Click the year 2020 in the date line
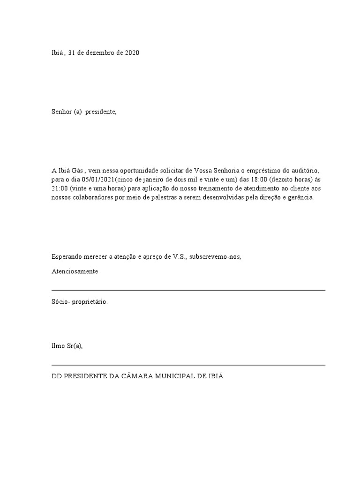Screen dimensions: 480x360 [132, 53]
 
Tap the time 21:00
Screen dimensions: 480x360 [60, 189]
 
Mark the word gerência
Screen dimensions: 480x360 [300, 198]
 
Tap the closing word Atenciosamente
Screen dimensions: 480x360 [75, 272]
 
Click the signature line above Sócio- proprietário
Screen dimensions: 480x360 [188, 291]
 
